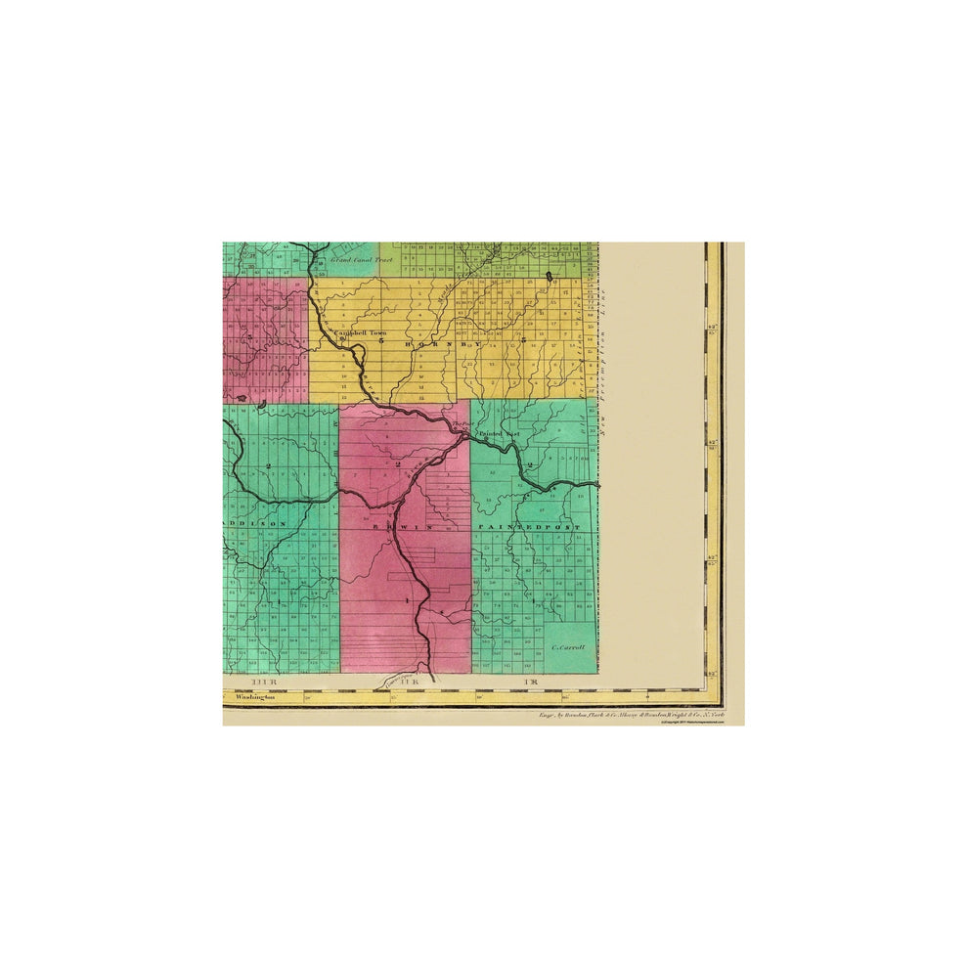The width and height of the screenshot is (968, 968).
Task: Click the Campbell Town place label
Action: [x=361, y=332]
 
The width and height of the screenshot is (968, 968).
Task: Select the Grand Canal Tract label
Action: [x=360, y=260]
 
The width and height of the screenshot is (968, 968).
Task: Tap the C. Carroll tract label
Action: [x=567, y=647]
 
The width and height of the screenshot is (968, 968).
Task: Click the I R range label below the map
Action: [x=532, y=680]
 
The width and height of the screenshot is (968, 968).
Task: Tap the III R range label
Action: [x=265, y=680]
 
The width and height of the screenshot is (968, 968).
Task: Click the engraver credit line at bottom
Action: [x=632, y=716]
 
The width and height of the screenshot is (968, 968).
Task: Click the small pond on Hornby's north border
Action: [x=550, y=276]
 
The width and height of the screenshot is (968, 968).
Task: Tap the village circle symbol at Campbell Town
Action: [x=343, y=339]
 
